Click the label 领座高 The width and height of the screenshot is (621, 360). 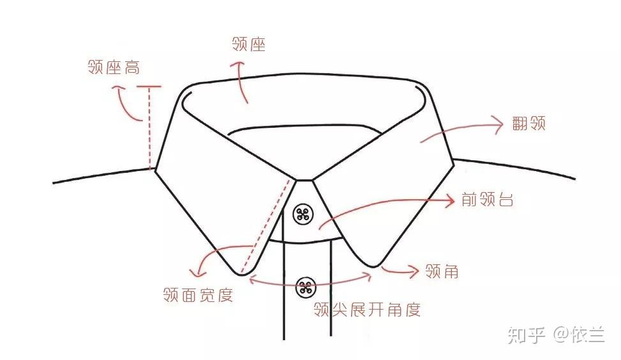114,67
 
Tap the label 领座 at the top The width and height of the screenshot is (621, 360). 249,44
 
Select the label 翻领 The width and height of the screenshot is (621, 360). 529,124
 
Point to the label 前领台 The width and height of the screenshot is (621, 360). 488,200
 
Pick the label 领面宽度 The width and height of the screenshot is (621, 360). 198,295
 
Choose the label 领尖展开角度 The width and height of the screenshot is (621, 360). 367,310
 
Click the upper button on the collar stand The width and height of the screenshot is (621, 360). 303,214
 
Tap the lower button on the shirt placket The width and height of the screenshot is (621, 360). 306,287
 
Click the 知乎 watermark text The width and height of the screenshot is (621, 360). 527,334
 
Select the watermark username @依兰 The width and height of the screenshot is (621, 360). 579,334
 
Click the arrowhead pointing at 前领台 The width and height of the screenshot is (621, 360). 451,200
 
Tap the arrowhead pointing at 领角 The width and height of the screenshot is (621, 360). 415,271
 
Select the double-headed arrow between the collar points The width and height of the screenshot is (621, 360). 310,278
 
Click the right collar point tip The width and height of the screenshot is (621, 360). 374,264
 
